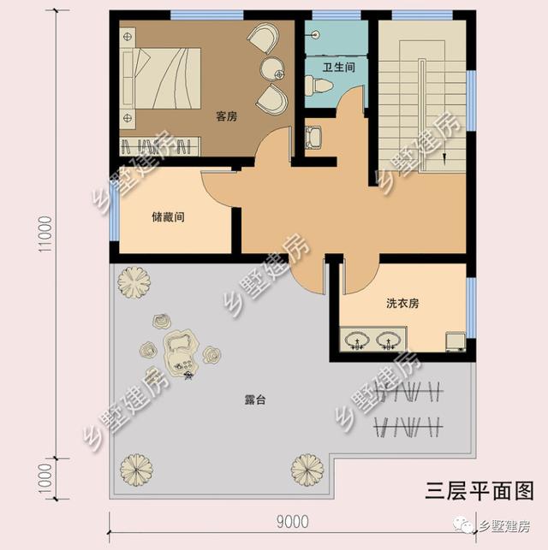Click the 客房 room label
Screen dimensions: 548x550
pyautogui.click(x=226, y=116)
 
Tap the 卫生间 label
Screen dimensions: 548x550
pyautogui.click(x=339, y=67)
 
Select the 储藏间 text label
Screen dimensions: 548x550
pyautogui.click(x=168, y=216)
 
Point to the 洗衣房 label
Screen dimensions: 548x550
pyautogui.click(x=402, y=303)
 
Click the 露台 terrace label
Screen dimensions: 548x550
pyautogui.click(x=255, y=399)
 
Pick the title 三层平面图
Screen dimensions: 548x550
pyautogui.click(x=479, y=490)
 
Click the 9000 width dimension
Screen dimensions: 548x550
pyautogui.click(x=293, y=522)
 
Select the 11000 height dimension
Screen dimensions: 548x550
pyautogui.click(x=45, y=234)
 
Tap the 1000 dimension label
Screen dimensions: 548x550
pyautogui.click(x=45, y=478)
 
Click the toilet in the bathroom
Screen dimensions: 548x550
pyautogui.click(x=318, y=86)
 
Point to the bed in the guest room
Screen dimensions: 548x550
pyautogui.click(x=161, y=78)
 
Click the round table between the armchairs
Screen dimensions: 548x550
pyautogui.click(x=272, y=69)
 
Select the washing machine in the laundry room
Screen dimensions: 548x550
pyautogui.click(x=456, y=341)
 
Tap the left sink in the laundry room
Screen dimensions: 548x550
pyautogui.click(x=357, y=340)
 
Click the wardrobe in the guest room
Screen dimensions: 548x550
pyautogui.click(x=160, y=146)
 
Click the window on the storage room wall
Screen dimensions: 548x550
pyautogui.click(x=114, y=212)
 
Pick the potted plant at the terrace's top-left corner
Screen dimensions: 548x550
pyautogui.click(x=134, y=283)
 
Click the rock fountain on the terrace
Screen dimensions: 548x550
pyautogui.click(x=181, y=352)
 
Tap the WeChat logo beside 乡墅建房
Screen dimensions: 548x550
pyautogui.click(x=464, y=524)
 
